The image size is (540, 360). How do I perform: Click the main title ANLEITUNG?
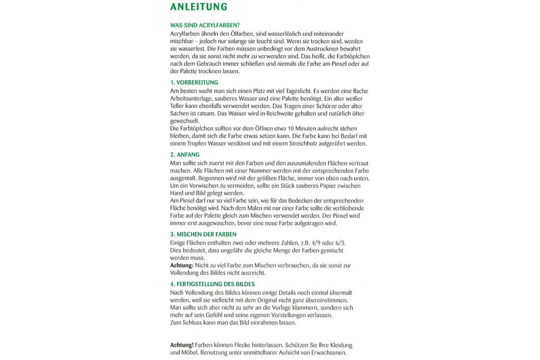pyautogui.click(x=199, y=7)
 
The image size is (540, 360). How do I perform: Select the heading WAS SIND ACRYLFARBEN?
pyautogui.click(x=205, y=25)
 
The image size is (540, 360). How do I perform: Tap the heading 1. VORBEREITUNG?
pyautogui.click(x=194, y=83)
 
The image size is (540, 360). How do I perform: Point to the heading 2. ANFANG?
pyautogui.click(x=185, y=155)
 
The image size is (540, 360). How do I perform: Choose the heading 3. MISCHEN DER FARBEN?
pyautogui.click(x=203, y=234)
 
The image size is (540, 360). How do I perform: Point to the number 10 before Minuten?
pyautogui.click(x=292, y=129)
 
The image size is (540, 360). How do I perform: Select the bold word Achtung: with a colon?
pyautogui.click(x=183, y=265)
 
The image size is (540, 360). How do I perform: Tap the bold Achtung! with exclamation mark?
pyautogui.click(x=182, y=345)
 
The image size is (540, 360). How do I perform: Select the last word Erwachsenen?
pyautogui.click(x=328, y=353)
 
